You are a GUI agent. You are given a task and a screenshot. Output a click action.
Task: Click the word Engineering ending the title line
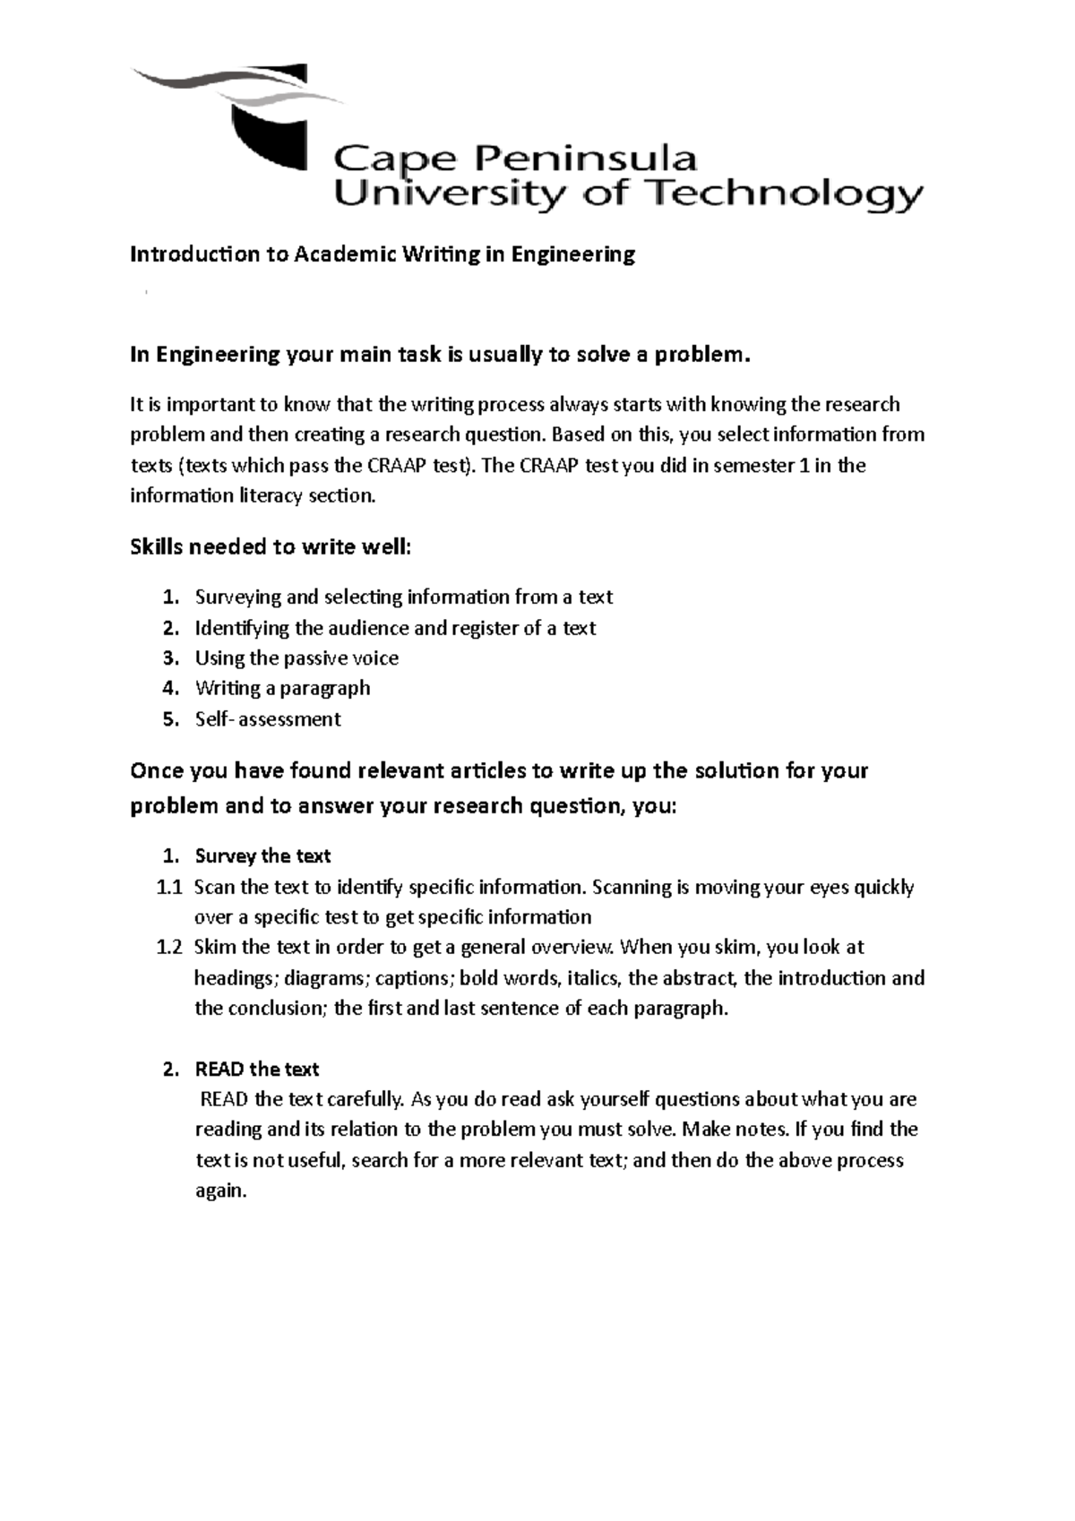click(573, 254)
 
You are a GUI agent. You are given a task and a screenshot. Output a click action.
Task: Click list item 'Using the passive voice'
click(297, 657)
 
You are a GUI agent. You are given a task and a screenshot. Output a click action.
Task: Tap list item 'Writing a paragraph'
click(282, 688)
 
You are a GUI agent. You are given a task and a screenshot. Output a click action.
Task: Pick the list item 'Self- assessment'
click(268, 718)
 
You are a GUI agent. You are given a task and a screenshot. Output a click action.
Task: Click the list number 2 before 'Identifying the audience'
click(170, 627)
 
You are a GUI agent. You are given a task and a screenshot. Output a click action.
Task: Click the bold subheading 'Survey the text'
click(262, 855)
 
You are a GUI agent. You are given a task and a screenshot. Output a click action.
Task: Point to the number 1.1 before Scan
click(168, 887)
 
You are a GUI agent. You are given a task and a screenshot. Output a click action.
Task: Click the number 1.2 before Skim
click(168, 947)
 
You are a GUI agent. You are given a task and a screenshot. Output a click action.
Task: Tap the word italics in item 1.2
click(592, 977)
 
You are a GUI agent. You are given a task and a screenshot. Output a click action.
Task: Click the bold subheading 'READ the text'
click(256, 1069)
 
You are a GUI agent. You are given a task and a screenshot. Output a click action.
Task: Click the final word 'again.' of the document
click(219, 1190)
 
